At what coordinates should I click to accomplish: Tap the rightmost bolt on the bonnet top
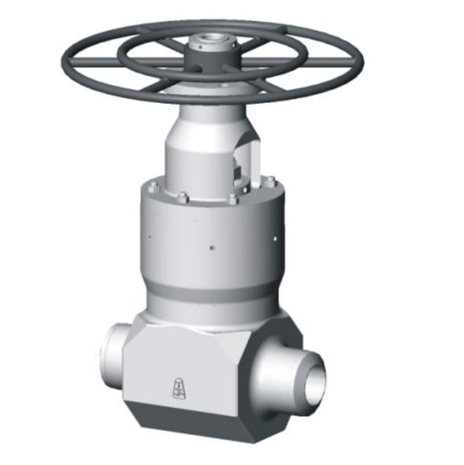[x=270, y=181]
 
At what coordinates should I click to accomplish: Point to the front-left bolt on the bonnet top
[x=183, y=199]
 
